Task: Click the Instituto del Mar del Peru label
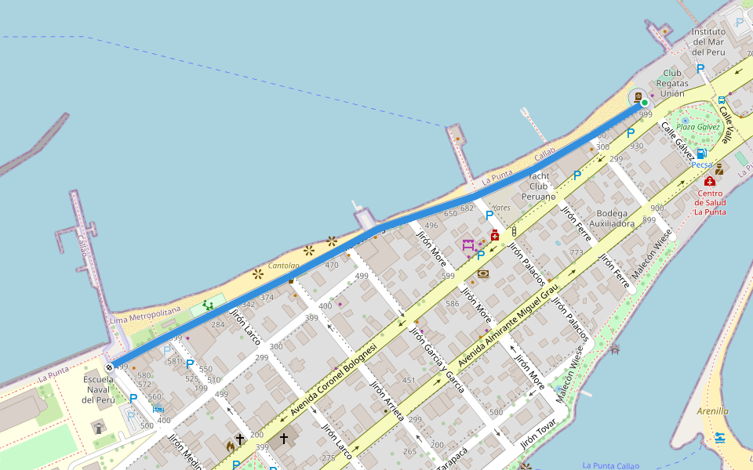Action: tap(708, 42)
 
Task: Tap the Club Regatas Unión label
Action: tap(672, 83)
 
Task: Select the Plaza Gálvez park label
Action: tap(698, 127)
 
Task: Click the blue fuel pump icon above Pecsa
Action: tap(701, 154)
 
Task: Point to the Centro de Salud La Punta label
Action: tap(710, 202)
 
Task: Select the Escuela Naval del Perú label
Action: tap(99, 389)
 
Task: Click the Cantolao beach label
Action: tap(283, 266)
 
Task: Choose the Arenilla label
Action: tap(712, 410)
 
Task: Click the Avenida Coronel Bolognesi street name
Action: tap(333, 379)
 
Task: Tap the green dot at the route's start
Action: tap(644, 103)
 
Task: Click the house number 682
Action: tap(467, 208)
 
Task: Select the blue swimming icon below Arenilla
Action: tap(720, 437)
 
